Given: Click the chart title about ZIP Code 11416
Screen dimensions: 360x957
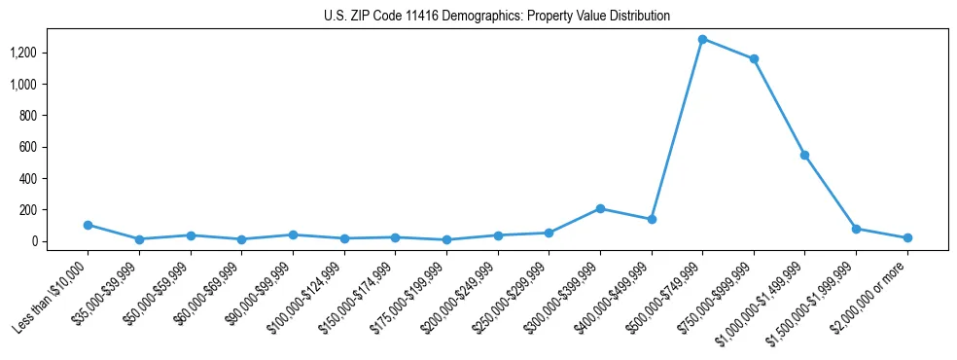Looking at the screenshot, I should click(497, 17).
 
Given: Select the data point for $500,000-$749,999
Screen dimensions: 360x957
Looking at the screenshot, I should click(702, 39).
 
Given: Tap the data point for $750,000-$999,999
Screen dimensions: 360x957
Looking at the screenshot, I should click(754, 59).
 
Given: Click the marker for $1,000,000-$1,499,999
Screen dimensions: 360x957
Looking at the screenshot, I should click(804, 155).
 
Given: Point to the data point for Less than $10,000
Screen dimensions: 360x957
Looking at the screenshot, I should click(89, 225).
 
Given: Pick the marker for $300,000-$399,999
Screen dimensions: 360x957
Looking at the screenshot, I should click(600, 208).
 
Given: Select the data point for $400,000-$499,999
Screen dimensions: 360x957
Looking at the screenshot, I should click(652, 219).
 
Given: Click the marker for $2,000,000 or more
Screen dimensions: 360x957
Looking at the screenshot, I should click(906, 237).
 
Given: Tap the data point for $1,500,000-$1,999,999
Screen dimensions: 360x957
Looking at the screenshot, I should click(856, 229).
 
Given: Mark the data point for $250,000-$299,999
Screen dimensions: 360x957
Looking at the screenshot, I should click(549, 233).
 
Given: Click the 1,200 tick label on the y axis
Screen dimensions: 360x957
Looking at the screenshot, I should click(23, 53).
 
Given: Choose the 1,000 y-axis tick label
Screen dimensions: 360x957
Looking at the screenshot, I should click(23, 85).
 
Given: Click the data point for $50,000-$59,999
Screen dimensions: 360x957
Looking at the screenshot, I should click(191, 235).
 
